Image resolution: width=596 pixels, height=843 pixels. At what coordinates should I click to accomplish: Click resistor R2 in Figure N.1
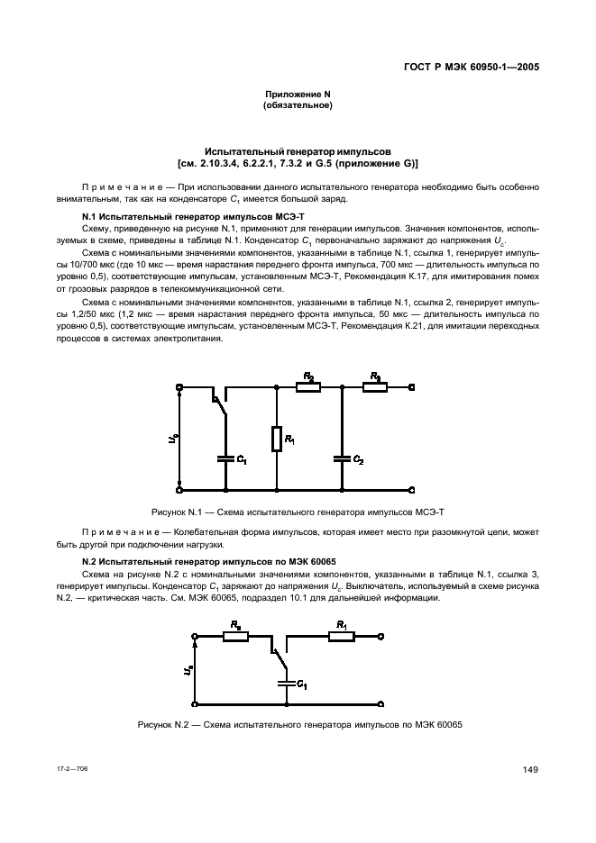click(x=308, y=387)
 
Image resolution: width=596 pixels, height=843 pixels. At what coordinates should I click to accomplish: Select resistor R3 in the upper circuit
click(x=375, y=387)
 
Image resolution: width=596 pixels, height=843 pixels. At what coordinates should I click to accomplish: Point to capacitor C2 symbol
click(x=342, y=457)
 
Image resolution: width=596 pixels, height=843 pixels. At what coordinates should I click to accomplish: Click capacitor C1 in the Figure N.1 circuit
click(x=224, y=457)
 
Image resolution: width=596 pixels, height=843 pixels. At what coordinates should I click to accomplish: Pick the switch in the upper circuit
click(x=218, y=404)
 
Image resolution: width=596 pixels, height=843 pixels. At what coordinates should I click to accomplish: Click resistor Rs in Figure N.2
click(x=236, y=636)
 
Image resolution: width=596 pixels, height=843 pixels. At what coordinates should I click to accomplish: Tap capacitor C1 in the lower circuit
click(x=286, y=683)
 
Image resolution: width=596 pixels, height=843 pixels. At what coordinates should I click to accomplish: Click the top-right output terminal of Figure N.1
click(x=412, y=387)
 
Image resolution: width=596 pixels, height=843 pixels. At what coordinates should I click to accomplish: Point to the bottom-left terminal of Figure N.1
click(x=179, y=489)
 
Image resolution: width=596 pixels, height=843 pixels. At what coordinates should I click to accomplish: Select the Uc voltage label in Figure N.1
click(x=171, y=439)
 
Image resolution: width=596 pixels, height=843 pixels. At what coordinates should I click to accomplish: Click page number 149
click(x=531, y=768)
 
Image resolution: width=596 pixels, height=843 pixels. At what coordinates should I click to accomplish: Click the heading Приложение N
click(x=298, y=95)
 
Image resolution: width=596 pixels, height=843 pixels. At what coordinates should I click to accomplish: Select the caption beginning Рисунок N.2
click(x=298, y=725)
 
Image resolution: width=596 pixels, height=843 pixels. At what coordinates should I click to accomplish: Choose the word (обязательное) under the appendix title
click(x=298, y=106)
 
